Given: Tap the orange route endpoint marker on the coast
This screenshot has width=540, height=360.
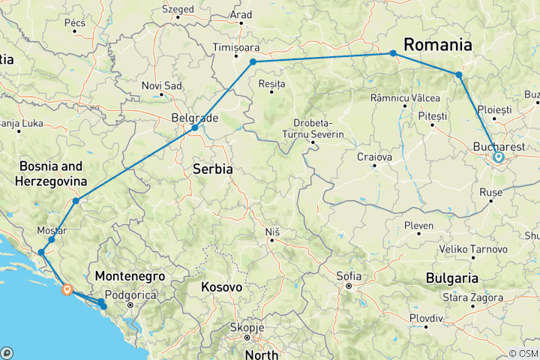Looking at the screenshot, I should coord(67,289).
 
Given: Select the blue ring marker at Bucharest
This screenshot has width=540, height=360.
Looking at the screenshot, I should coord(498,157).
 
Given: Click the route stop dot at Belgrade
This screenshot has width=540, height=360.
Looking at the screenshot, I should coord(194,127).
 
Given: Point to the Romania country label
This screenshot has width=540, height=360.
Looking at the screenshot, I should coord(439,44).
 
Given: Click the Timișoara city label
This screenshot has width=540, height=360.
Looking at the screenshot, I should coord(235,46).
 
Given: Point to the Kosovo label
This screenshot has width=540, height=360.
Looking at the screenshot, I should coord(223,287).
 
